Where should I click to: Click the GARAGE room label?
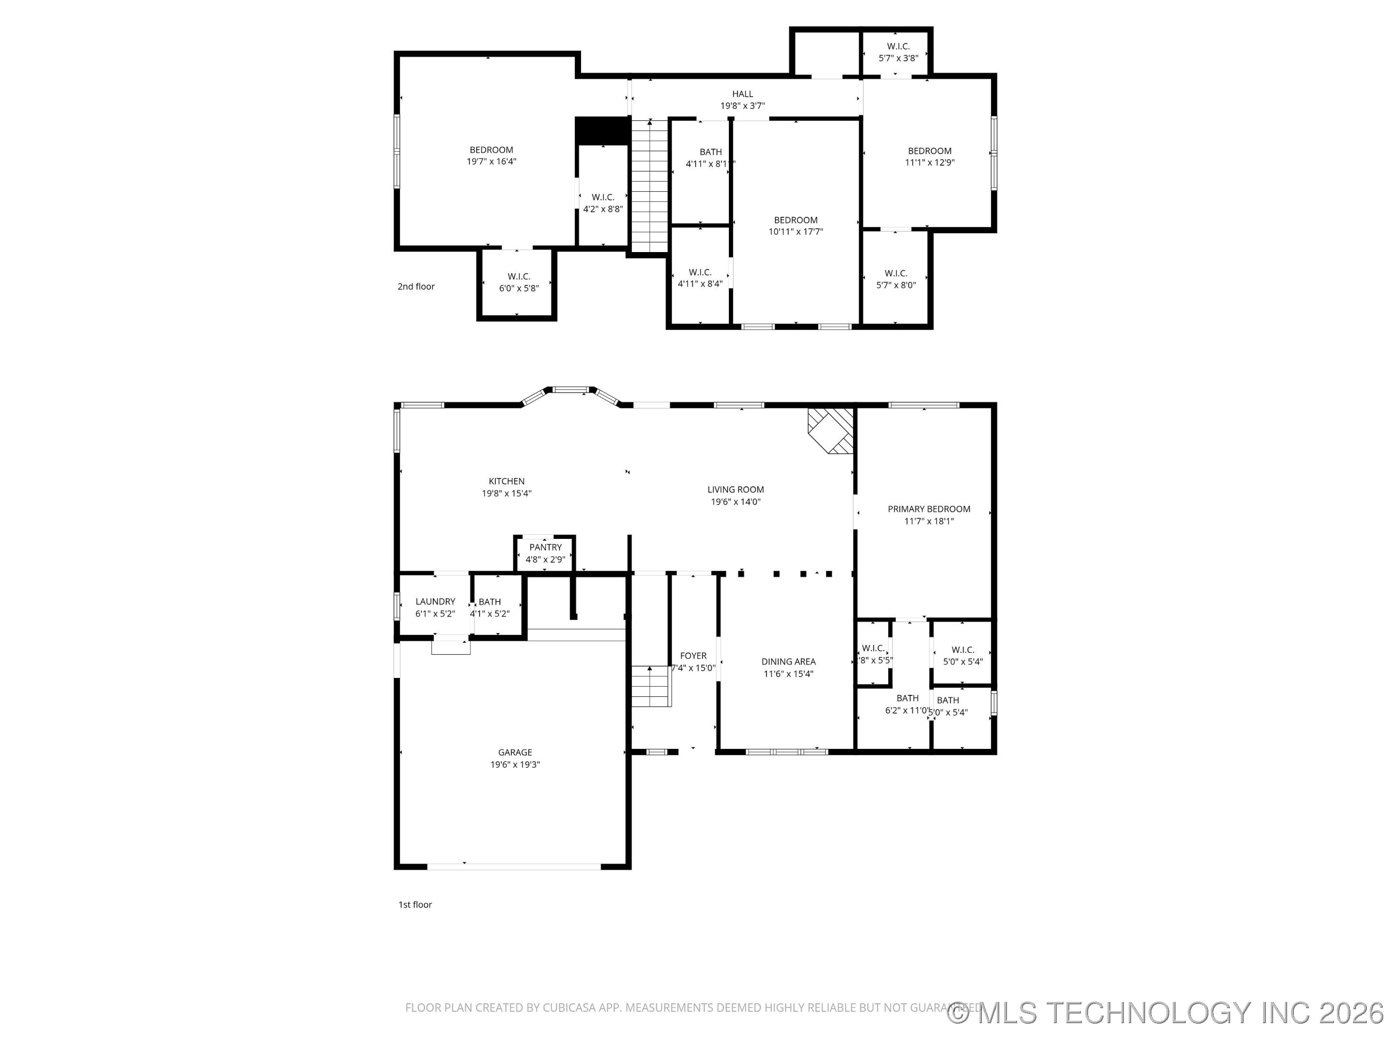coord(514,752)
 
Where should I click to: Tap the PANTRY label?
coord(545,547)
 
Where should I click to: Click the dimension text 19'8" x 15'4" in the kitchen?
coord(506,493)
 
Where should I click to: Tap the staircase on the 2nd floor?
coord(649,185)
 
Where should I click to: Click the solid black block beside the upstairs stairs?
coord(602,131)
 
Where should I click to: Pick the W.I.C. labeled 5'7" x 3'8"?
coord(898,52)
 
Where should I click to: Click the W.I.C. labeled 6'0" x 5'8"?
coord(518,282)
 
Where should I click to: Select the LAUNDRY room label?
coord(435,601)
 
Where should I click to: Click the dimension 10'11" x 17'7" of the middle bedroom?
coord(795,231)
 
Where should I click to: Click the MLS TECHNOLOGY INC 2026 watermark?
coord(1166,1013)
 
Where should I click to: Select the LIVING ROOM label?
coord(735,489)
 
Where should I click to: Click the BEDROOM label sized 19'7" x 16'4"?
coord(491,150)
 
